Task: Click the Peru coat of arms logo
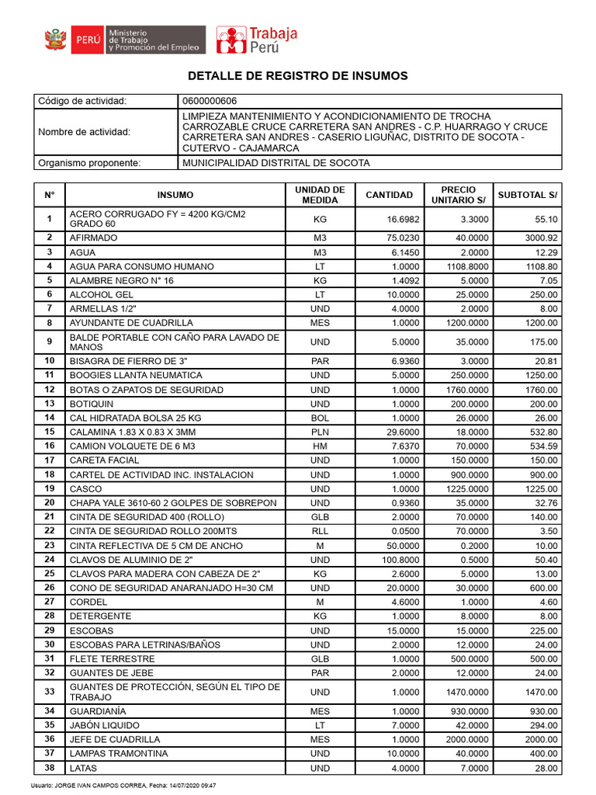pos(55,40)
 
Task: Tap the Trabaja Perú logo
pos(256,40)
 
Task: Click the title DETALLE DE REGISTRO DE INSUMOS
pos(297,76)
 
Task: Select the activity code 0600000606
pos(210,102)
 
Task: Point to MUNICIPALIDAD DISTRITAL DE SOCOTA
pos(275,163)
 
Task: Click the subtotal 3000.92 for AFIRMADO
pos(542,238)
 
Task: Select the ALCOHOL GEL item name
pos(102,295)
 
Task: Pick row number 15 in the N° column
pos(50,432)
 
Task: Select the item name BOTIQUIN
pos(92,404)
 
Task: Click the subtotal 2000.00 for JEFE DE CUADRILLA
pos(542,740)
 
